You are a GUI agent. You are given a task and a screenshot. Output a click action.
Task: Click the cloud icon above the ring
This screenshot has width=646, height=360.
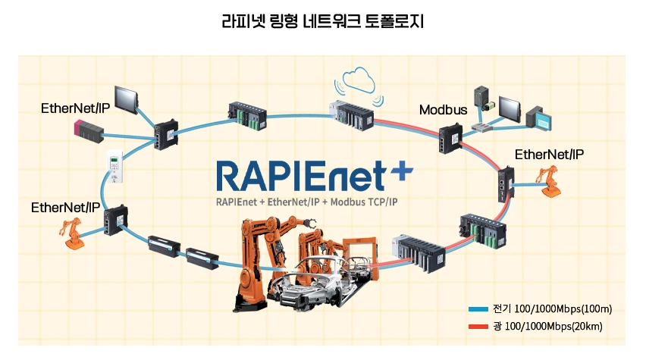tap(359, 78)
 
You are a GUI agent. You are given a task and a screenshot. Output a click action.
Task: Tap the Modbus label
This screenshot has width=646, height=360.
tap(443, 110)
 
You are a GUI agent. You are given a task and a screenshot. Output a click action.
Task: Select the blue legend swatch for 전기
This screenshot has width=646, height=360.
tap(478, 309)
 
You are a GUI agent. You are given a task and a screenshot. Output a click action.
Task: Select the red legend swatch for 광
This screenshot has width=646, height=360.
tap(478, 327)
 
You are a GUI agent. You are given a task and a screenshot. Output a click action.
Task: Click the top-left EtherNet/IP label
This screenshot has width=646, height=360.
tap(75, 108)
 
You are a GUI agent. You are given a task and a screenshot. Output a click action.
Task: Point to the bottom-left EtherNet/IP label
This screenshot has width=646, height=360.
tap(65, 207)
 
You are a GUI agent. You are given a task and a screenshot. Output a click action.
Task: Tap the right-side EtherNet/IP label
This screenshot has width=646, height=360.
tap(550, 155)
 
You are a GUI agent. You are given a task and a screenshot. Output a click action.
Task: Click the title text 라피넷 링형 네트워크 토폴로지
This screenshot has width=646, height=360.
tap(322, 22)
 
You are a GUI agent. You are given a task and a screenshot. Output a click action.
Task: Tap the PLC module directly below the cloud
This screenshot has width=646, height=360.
tap(350, 113)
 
